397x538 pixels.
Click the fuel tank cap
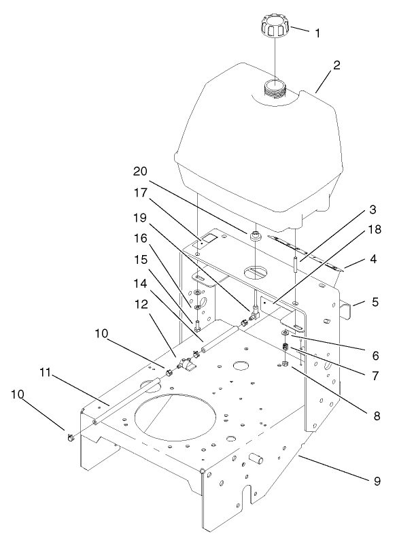[x=274, y=29]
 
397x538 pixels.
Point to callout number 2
[x=336, y=67]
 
